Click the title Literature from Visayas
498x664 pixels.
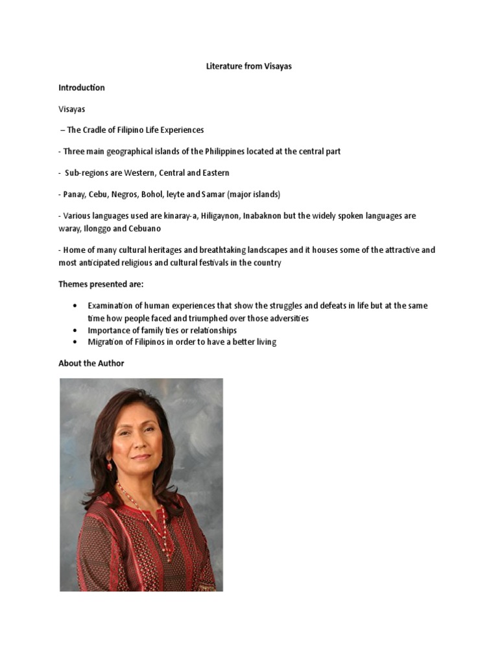coord(248,66)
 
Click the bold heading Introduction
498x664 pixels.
coord(81,88)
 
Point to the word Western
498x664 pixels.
coord(138,173)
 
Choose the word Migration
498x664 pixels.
coord(106,342)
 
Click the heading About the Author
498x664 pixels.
coord(91,363)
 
